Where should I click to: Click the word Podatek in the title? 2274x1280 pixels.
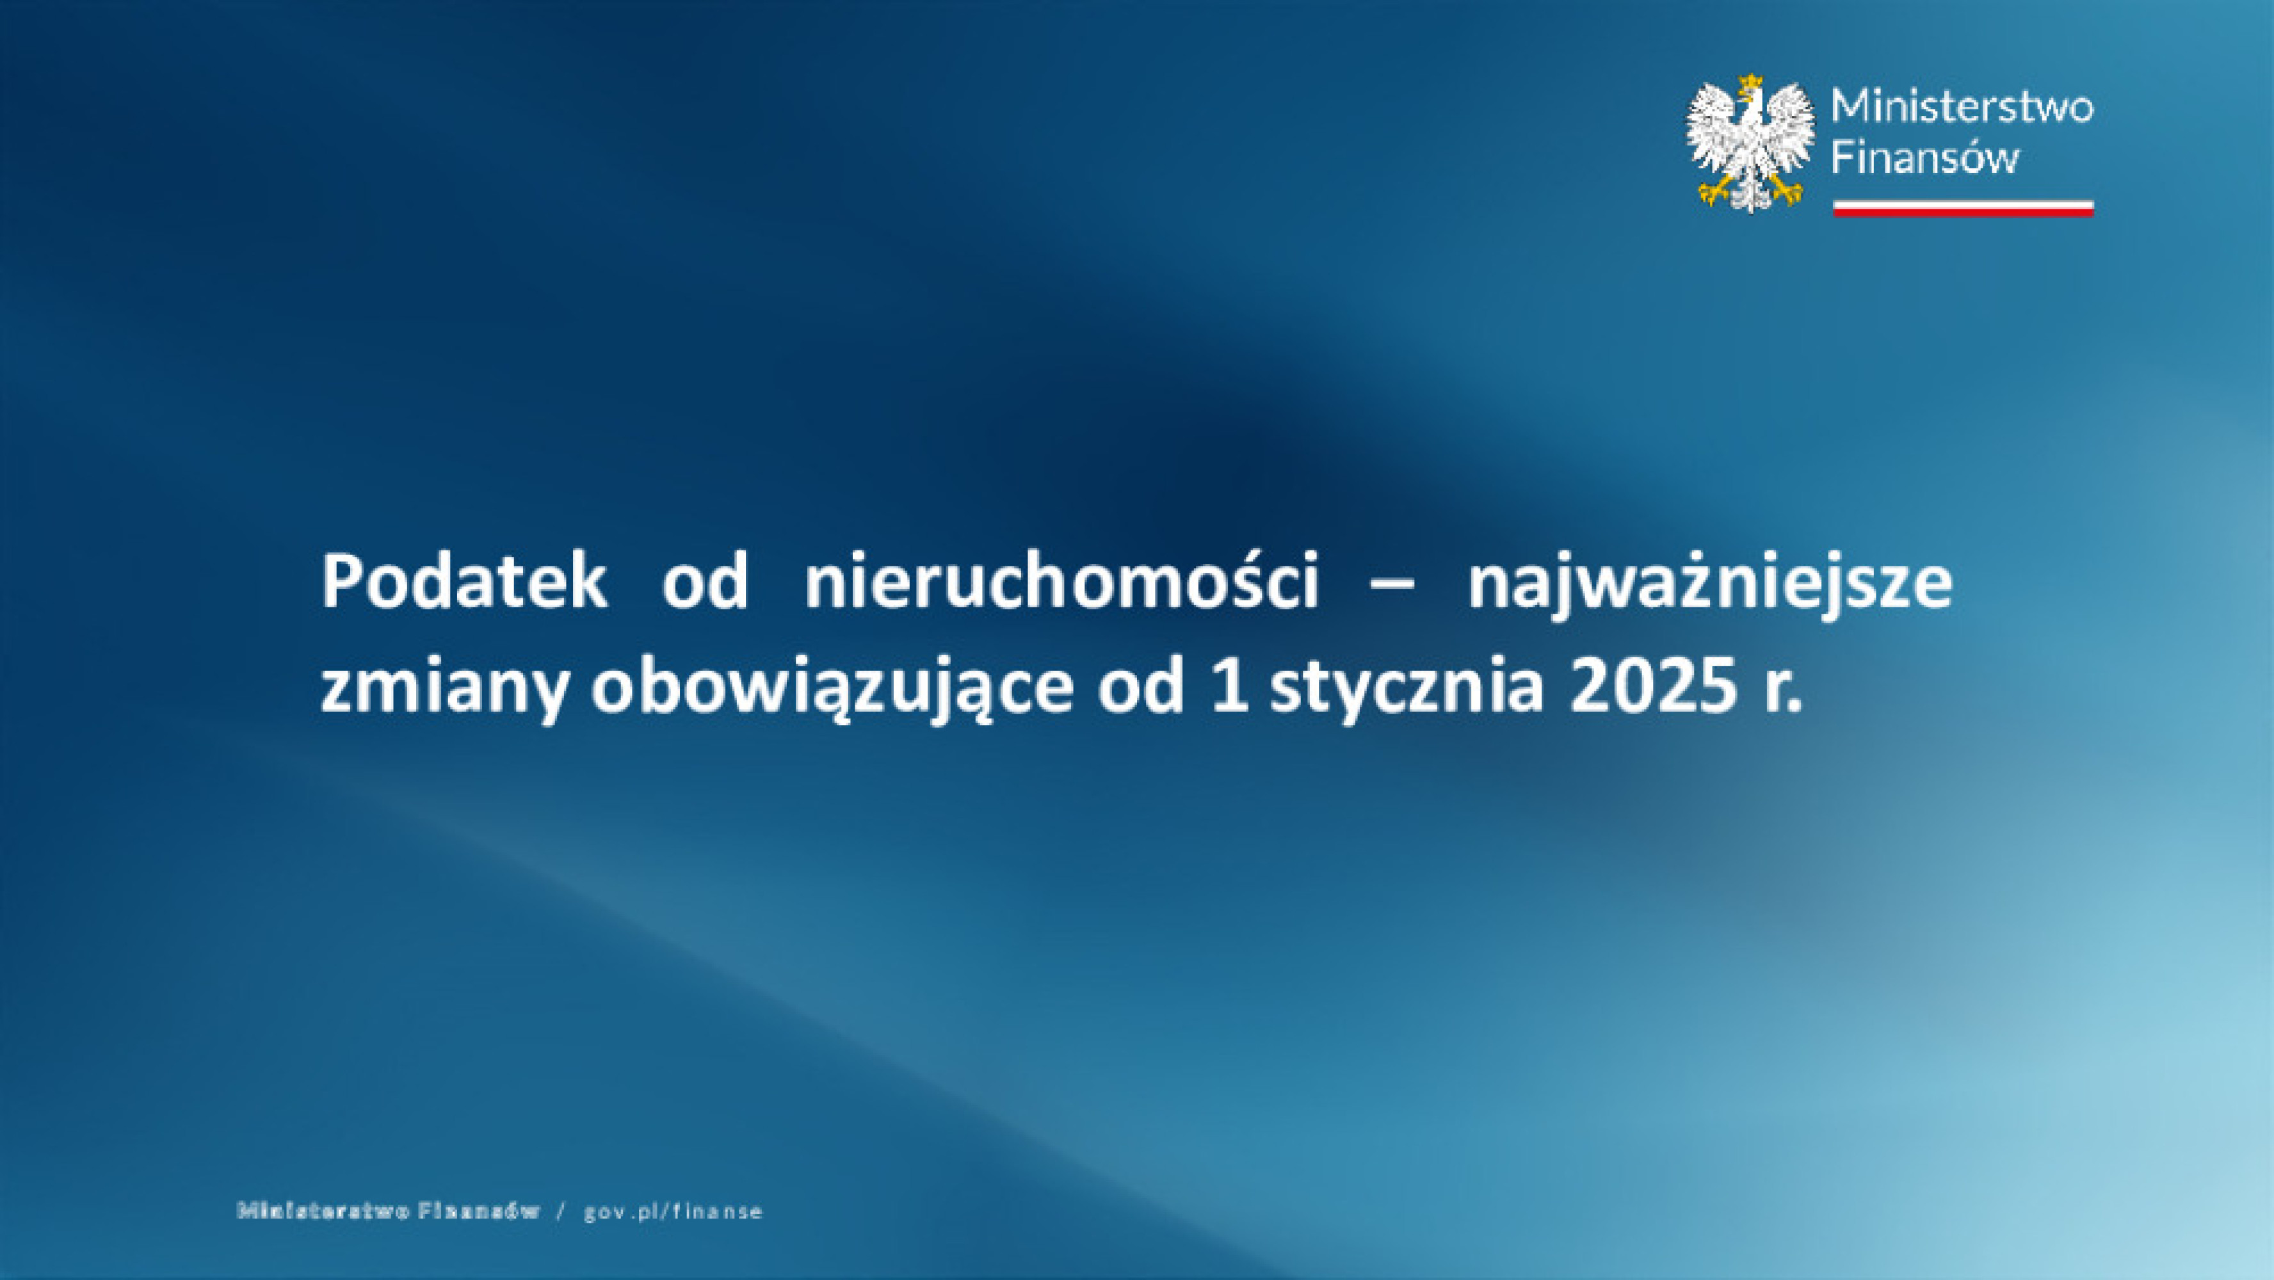[x=464, y=582]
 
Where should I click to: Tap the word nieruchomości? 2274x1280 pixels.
[x=1061, y=582]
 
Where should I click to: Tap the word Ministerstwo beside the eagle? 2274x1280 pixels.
[x=1962, y=108]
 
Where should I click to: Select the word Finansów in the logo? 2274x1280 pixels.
[x=1924, y=159]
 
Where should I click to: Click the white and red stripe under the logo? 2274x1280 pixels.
[x=1962, y=209]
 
